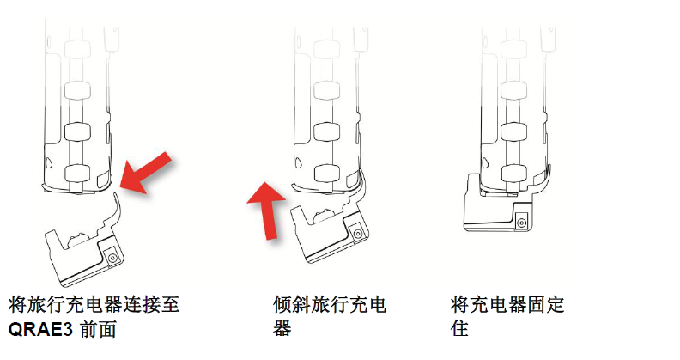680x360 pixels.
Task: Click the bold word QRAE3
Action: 41,328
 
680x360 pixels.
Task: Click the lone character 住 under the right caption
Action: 460,328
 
